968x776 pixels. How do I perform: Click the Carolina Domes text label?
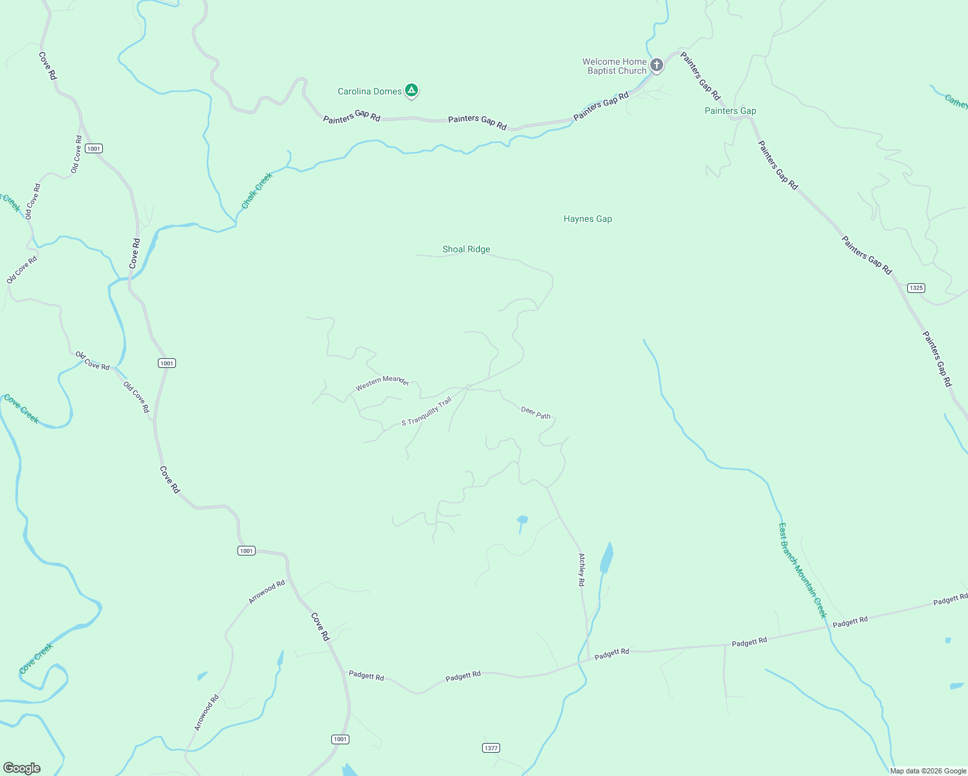pos(369,91)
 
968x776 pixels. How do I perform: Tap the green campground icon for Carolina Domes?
pos(411,91)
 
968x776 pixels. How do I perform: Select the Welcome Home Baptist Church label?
pos(614,66)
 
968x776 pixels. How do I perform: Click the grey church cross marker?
pos(656,65)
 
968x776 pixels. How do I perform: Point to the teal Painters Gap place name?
pos(730,111)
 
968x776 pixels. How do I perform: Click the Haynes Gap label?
pos(588,219)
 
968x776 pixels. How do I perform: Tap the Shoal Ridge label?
pos(466,249)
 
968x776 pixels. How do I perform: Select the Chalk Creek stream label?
pos(257,190)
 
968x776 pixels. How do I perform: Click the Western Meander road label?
pos(382,382)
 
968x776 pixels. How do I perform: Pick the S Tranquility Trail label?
pos(426,413)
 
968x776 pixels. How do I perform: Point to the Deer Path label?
pos(536,413)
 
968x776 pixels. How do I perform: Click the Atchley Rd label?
pos(581,569)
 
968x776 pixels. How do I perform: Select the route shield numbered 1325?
pos(916,288)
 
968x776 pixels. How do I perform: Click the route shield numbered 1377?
pos(491,748)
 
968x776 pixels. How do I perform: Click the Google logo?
pos(22,768)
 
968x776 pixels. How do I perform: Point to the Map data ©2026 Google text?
pos(928,771)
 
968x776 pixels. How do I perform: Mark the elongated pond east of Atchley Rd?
pos(606,557)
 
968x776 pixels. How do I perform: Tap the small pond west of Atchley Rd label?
pos(522,519)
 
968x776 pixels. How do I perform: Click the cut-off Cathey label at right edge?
pos(956,102)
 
